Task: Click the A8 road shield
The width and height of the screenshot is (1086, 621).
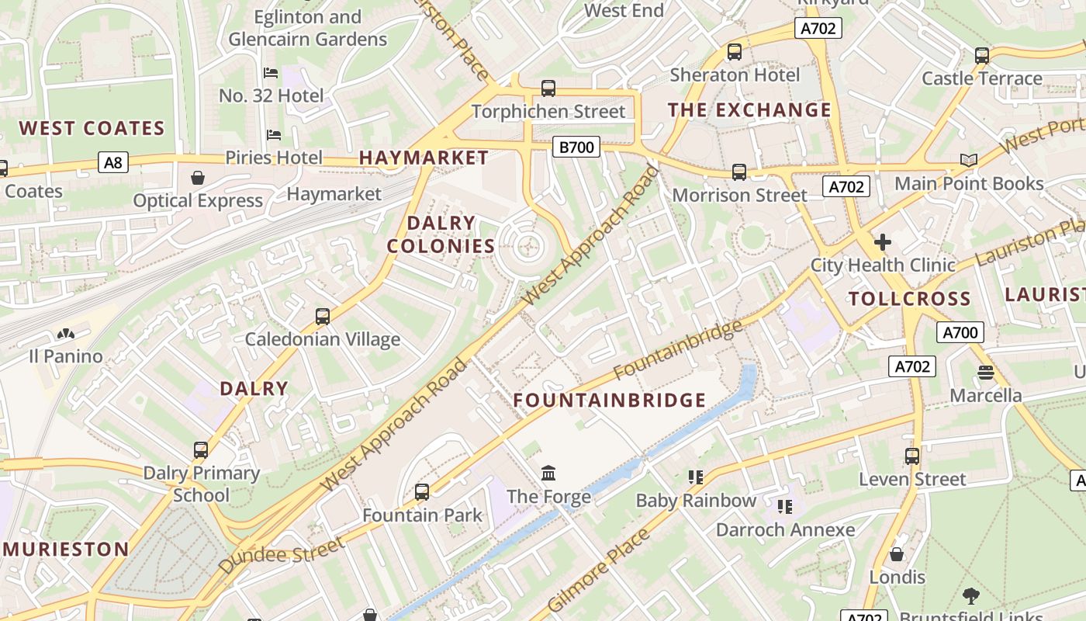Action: (113, 162)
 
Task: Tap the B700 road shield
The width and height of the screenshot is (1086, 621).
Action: (576, 147)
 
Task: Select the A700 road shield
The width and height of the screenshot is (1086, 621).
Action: (960, 333)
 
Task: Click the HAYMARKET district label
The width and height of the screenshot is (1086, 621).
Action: (424, 158)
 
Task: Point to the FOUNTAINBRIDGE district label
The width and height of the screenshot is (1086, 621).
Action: (610, 401)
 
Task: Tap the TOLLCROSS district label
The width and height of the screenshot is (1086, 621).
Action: (909, 299)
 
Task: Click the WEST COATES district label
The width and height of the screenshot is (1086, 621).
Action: (92, 128)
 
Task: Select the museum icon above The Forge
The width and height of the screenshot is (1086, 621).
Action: (548, 473)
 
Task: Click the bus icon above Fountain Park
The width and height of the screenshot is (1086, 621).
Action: (422, 491)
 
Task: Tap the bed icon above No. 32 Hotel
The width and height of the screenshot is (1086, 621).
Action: (271, 73)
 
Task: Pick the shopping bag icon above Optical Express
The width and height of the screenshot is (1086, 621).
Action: (198, 178)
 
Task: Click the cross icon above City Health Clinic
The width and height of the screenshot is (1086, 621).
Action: (882, 242)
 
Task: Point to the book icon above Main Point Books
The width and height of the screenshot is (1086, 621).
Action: (968, 160)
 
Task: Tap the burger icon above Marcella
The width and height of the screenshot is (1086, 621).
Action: (986, 373)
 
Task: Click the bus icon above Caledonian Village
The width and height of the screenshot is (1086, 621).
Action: (323, 316)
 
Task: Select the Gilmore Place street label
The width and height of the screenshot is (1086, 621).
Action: (597, 571)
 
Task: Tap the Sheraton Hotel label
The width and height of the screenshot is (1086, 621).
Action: (734, 75)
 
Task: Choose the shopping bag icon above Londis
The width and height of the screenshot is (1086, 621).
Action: (897, 554)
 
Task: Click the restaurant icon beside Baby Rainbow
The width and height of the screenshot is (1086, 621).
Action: (695, 477)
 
